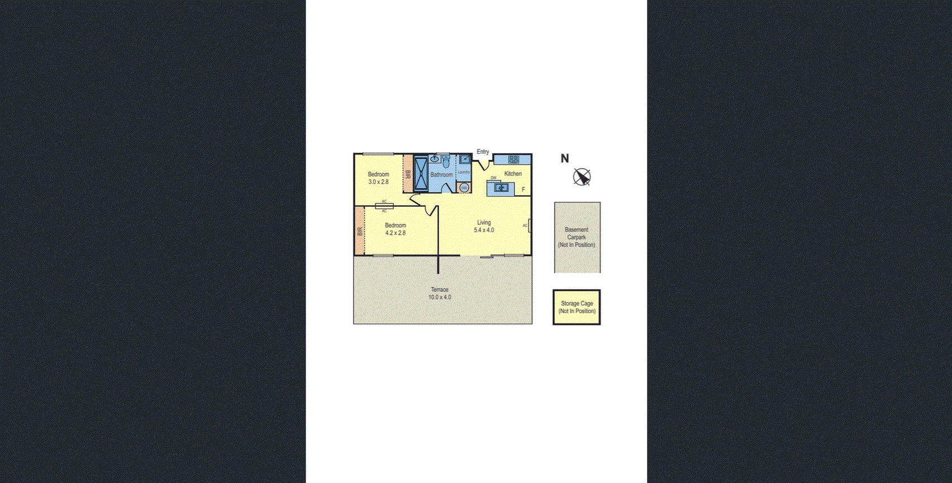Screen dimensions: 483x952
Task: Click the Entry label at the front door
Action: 483,151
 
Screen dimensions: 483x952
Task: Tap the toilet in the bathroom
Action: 446,163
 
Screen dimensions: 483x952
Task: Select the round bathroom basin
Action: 435,159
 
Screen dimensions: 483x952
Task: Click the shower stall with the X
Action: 421,174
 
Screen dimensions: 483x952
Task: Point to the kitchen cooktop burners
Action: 513,159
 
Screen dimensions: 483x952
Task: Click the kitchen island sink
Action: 502,188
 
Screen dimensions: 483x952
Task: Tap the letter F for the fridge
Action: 523,190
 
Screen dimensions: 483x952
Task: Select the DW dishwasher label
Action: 493,178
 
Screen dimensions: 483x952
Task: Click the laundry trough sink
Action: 464,159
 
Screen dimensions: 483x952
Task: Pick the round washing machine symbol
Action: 464,188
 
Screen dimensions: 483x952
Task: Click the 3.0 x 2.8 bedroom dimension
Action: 378,182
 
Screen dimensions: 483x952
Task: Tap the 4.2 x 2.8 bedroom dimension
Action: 396,233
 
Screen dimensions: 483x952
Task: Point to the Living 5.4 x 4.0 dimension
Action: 484,230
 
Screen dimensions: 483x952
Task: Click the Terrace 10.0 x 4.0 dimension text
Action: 440,297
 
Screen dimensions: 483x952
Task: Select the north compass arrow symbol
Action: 582,177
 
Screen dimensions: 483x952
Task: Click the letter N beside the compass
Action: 565,158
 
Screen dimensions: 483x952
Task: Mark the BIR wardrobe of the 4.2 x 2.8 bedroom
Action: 360,230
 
